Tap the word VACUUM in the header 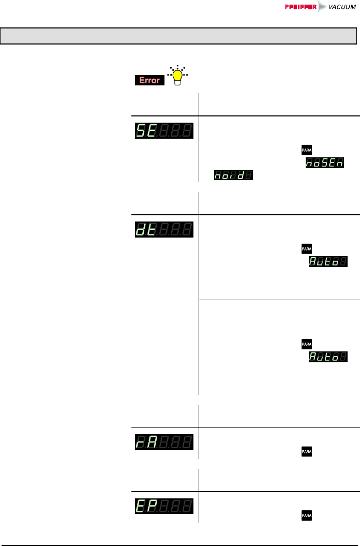click(342, 7)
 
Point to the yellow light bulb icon click(178, 76)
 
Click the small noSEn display click(325, 163)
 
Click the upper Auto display click(328, 263)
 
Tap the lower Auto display click(328, 357)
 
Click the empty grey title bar click(179, 36)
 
